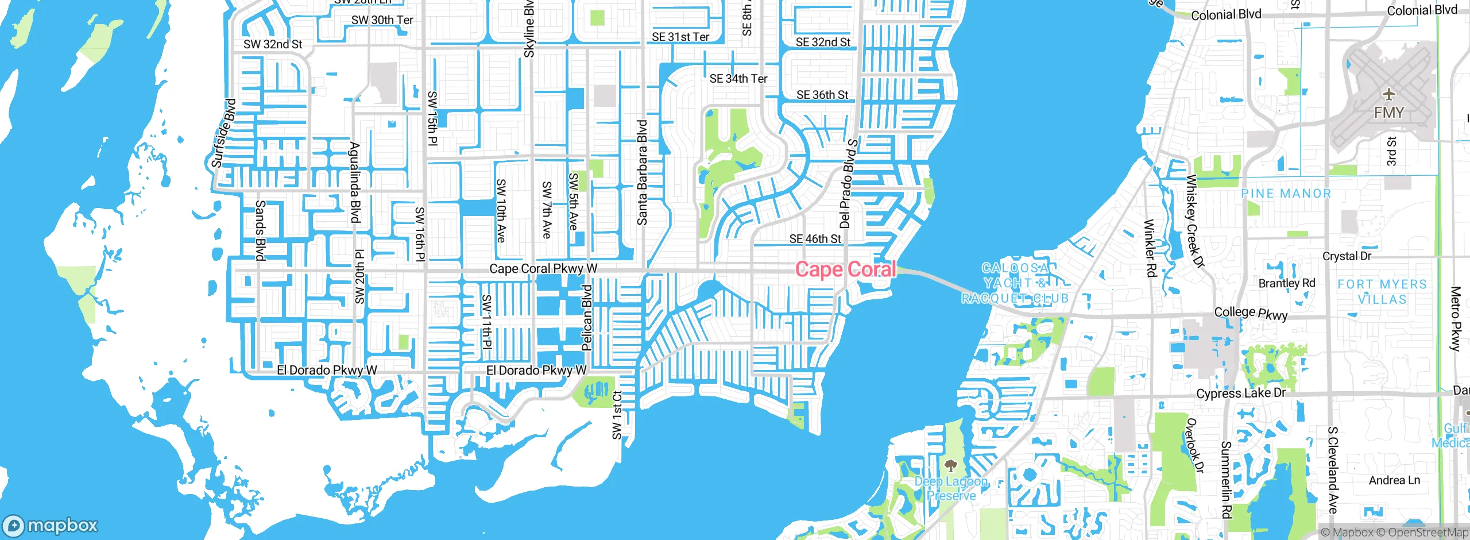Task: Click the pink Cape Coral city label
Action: point(845,269)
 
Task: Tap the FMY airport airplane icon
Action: point(1388,94)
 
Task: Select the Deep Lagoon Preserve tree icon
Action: point(951,465)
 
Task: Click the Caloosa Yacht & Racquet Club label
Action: point(1015,283)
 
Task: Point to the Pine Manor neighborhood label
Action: point(1286,194)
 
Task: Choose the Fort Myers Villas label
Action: point(1382,292)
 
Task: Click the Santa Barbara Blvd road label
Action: point(642,172)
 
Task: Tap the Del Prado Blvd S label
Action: point(848,184)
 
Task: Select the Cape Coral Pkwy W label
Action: point(543,268)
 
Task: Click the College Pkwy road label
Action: point(1251,313)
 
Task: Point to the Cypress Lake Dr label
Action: point(1240,394)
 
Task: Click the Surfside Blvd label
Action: point(223,134)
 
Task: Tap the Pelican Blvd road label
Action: point(586,318)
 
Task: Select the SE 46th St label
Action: point(815,238)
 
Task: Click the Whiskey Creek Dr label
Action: point(1195,222)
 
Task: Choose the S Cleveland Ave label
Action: point(1333,470)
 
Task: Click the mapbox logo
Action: point(51,525)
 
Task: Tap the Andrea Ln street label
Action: point(1394,480)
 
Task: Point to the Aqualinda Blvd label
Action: point(355,183)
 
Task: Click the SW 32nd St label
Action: point(272,44)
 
